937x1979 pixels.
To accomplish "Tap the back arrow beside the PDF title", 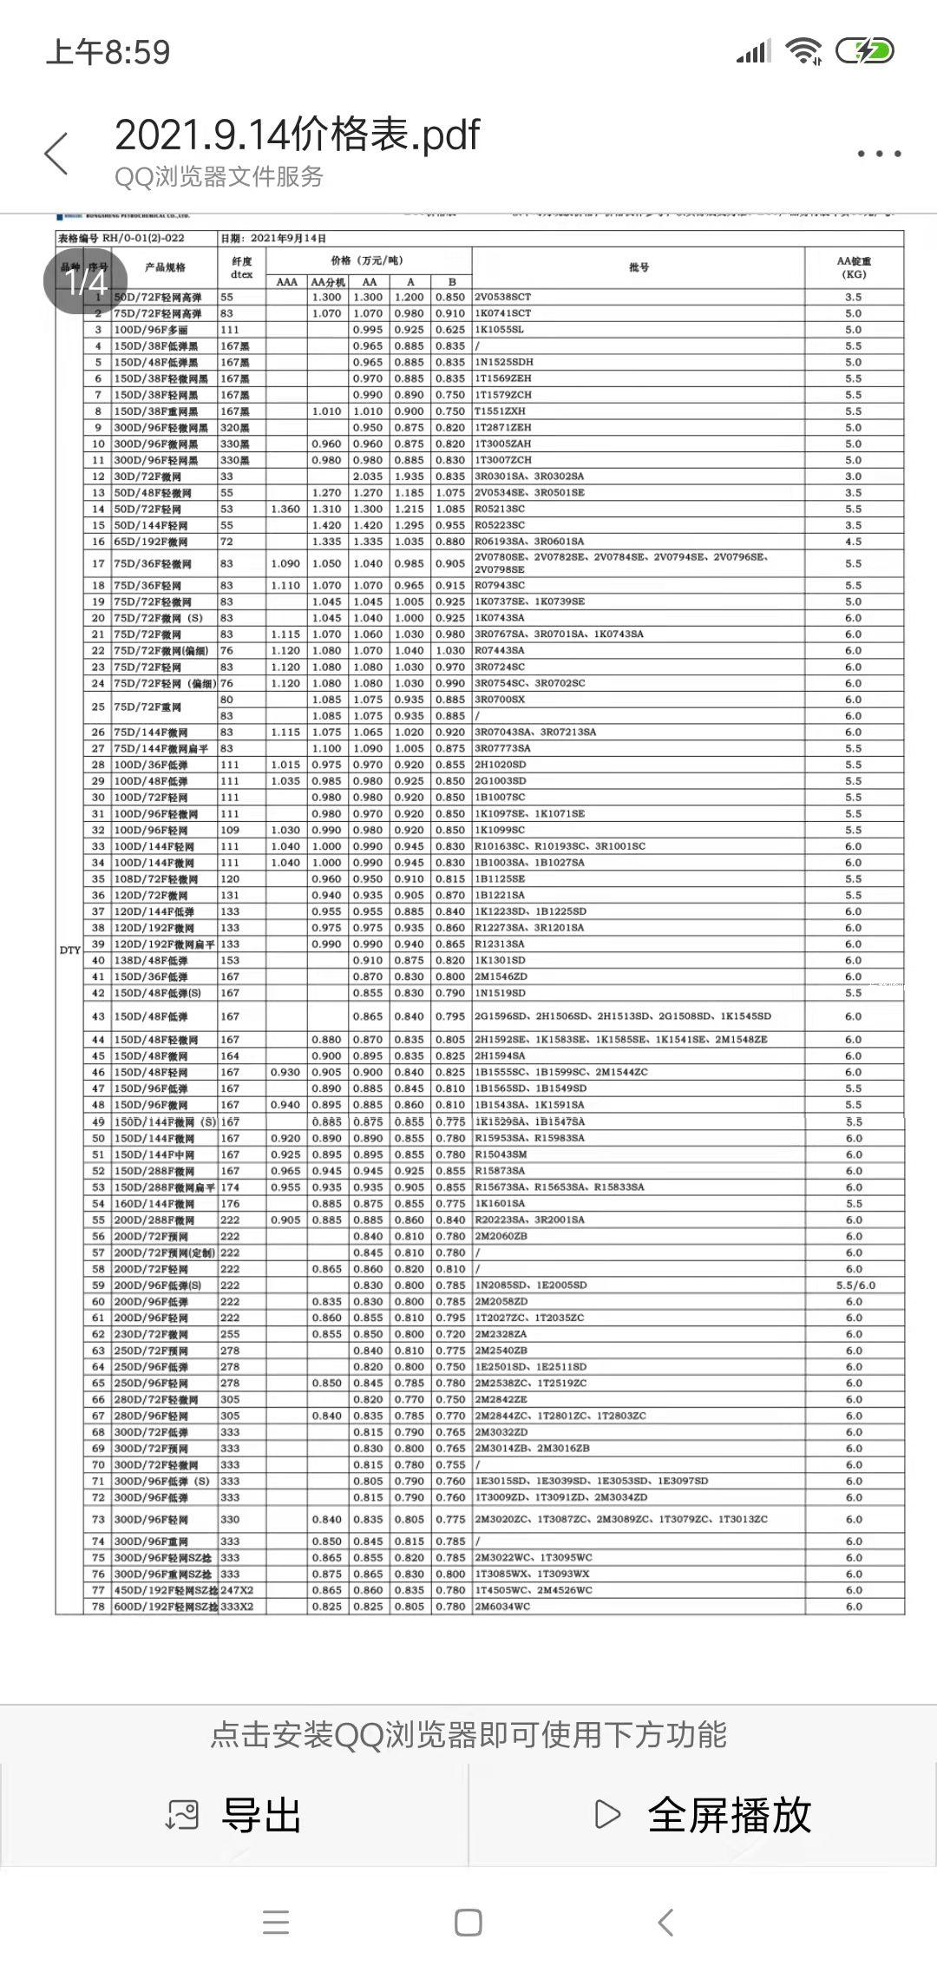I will pos(56,155).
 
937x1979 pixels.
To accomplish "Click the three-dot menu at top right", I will pos(879,154).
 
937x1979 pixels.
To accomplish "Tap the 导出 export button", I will pos(234,1815).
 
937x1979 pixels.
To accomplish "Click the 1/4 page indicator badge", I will pos(86,282).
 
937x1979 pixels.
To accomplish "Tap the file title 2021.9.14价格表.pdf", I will pos(297,135).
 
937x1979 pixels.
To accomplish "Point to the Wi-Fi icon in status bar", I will pos(803,52).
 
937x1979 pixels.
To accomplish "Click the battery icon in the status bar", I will pos(864,52).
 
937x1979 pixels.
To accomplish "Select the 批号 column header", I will pos(639,267).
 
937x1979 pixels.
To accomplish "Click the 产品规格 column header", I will pos(165,267).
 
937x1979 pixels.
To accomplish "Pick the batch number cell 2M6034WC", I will pos(502,1607).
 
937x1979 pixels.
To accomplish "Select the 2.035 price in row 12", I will pos(369,477).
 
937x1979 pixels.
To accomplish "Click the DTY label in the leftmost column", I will pos(69,950).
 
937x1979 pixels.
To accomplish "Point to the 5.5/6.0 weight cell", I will pos(854,1285).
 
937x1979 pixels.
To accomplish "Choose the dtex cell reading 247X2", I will pos(236,1590).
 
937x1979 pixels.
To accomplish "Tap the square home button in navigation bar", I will pos(468,1923).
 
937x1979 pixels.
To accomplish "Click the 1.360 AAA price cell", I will pos(286,510).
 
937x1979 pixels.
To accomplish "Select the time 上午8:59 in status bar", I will pos(108,52).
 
